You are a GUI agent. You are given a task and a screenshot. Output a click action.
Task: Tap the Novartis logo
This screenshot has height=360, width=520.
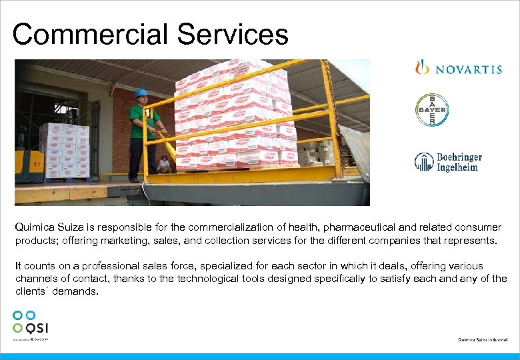click(x=458, y=69)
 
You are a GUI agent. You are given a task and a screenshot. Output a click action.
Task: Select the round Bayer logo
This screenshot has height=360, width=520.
click(x=432, y=110)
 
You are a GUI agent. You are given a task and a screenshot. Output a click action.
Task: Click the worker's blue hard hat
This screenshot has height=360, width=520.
click(x=141, y=93)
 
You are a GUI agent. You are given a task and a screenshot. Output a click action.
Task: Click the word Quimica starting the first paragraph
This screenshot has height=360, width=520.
click(x=34, y=227)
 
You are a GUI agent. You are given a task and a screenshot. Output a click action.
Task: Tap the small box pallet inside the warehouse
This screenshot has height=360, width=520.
click(x=65, y=149)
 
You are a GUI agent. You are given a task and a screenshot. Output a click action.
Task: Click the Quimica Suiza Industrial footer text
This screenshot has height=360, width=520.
click(x=484, y=340)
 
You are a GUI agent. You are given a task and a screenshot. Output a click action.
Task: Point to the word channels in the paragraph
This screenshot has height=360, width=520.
click(x=36, y=279)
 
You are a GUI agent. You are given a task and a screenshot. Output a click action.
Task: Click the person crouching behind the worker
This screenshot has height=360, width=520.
click(x=164, y=164)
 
